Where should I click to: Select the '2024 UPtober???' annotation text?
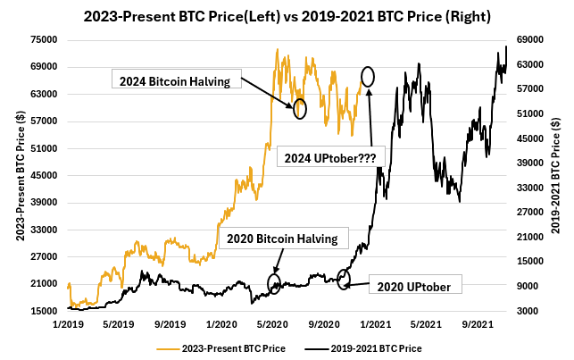[329, 156]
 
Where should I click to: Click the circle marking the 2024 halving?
[300, 108]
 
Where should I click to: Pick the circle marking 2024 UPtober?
[368, 76]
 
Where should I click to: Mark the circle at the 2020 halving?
[274, 284]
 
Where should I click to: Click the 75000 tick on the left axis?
[45, 39]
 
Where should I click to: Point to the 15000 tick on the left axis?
[45, 311]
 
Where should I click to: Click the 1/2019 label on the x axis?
[70, 324]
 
